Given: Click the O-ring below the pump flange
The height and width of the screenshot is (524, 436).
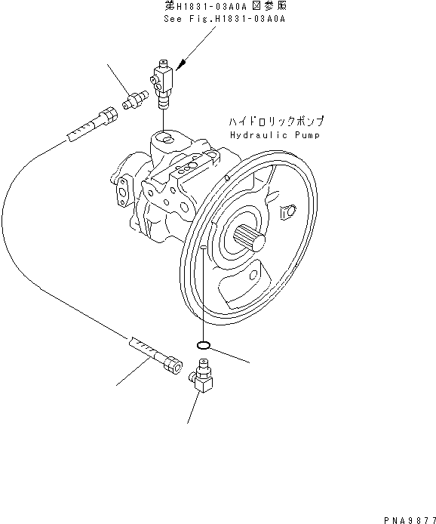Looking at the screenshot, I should (x=202, y=346).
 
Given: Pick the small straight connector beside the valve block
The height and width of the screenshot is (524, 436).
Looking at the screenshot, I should (x=133, y=100).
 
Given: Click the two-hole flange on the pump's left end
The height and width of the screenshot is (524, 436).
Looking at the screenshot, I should (x=122, y=190).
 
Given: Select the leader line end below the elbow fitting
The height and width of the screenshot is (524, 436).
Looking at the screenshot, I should (x=188, y=421).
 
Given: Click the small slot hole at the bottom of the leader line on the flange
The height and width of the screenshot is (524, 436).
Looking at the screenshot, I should (x=203, y=248).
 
